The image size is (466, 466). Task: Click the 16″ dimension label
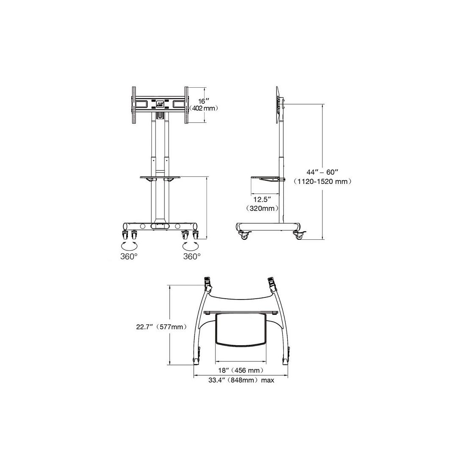(202, 101)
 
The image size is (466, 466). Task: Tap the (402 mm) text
(204, 108)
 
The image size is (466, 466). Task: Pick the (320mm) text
(262, 208)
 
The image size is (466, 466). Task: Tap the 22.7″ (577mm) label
(162, 327)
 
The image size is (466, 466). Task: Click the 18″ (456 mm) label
(241, 370)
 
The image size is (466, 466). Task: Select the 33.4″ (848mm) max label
(241, 380)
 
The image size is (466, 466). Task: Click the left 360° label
(129, 256)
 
